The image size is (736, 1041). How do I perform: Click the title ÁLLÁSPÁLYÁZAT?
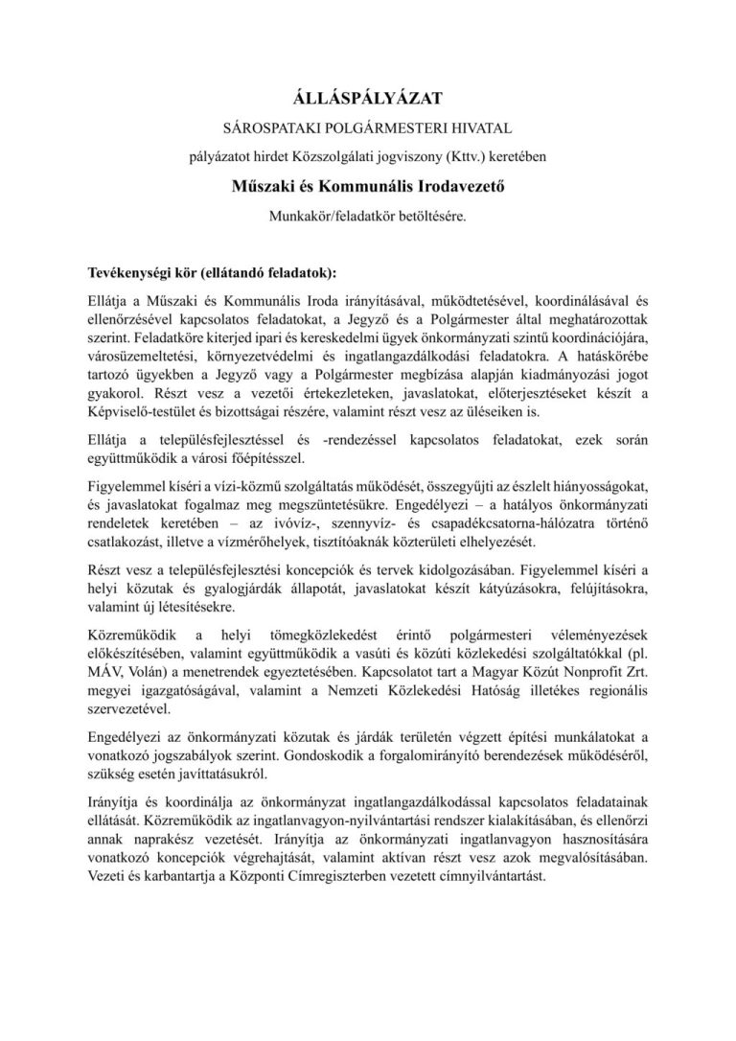click(x=368, y=96)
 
